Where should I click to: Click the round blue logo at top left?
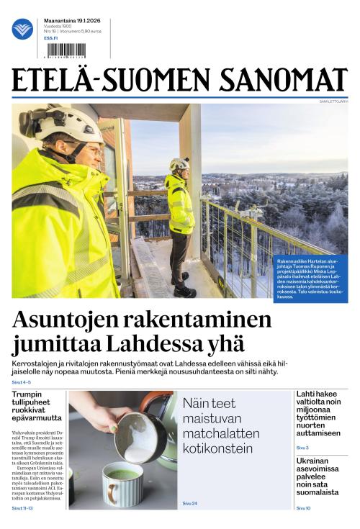[x=22, y=29]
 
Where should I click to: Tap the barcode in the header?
[x=65, y=50]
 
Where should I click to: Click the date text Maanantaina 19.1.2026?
[x=72, y=21]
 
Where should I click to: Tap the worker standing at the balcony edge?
[x=180, y=223]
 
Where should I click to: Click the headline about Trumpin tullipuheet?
[x=37, y=407]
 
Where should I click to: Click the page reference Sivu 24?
[x=189, y=502]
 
